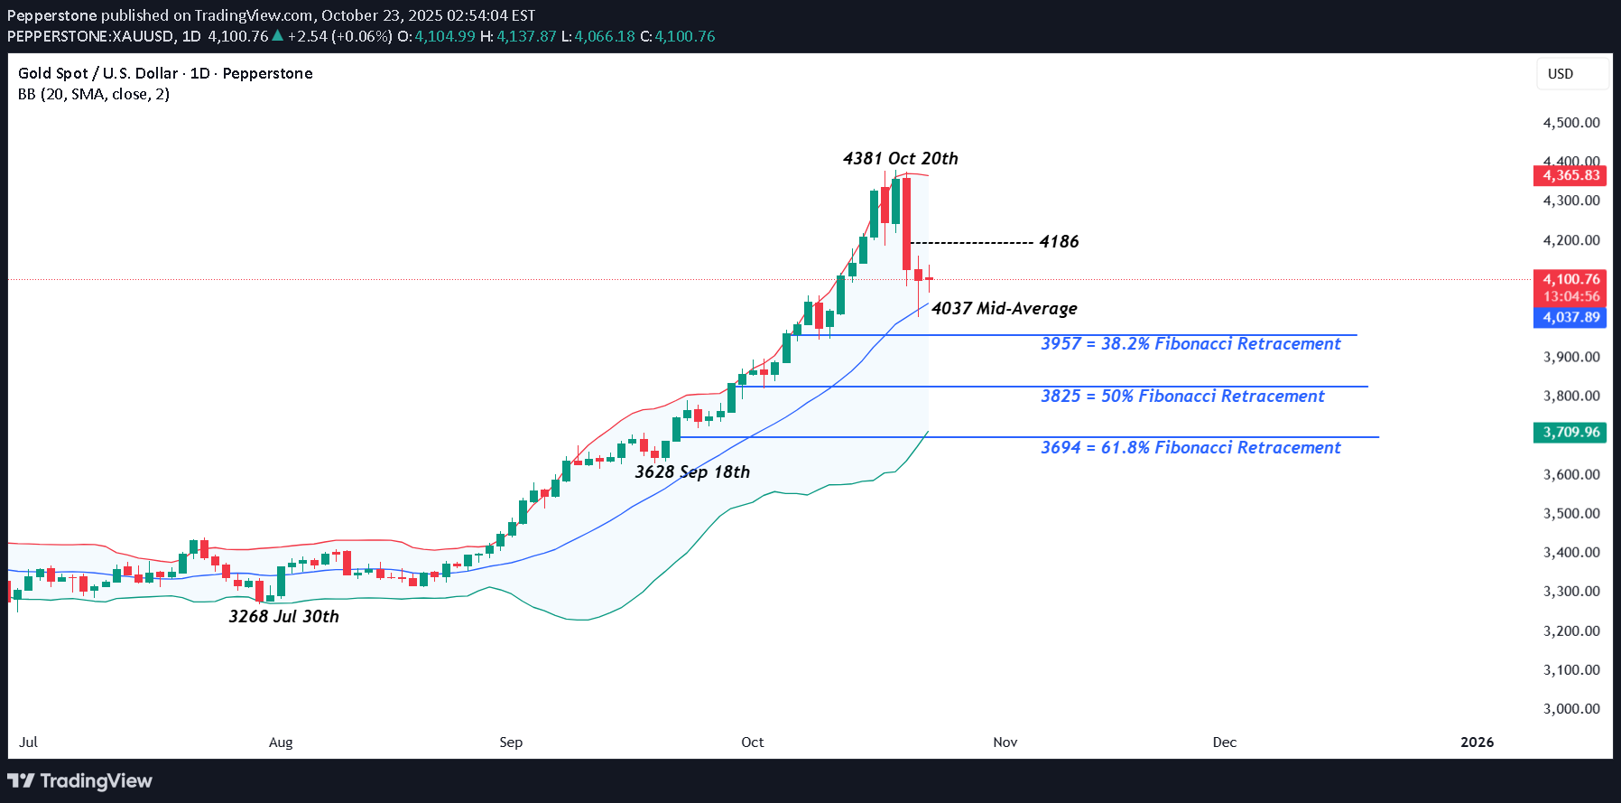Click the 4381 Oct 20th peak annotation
[900, 159]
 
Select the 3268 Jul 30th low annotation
[283, 617]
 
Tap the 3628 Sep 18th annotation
[691, 472]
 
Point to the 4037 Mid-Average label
[1004, 309]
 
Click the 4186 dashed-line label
[1059, 242]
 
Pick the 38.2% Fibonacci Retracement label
[1190, 344]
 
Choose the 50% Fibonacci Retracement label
[1181, 397]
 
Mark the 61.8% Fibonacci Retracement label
[1190, 448]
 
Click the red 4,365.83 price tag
[1570, 175]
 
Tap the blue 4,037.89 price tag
[1570, 317]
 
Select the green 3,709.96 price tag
[1570, 432]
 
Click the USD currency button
[1570, 74]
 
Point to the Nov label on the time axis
[1005, 742]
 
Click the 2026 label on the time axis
[1477, 742]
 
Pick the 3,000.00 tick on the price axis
[1571, 709]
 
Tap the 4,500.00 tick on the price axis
[1571, 123]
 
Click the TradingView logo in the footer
[80, 781]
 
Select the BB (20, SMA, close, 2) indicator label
[94, 94]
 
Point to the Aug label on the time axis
[281, 742]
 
